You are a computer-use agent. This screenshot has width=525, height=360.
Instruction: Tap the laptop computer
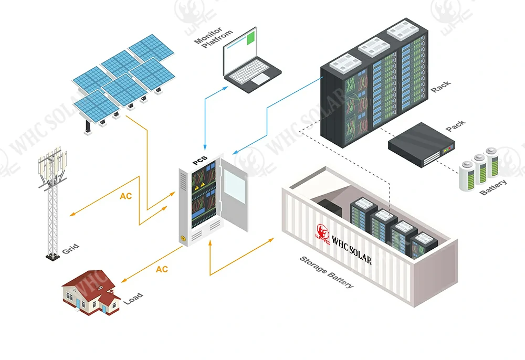pos(251,60)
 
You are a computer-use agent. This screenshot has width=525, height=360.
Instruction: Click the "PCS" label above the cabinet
pos(200,158)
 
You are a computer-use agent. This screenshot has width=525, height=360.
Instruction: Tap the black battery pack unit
pos(421,144)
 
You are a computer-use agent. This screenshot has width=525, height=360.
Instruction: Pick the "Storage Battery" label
pos(327,272)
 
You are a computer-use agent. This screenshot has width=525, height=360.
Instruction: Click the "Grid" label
pos(70,249)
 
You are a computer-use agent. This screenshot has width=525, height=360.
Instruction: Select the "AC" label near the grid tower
pos(126,196)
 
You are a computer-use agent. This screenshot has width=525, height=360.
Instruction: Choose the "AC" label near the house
pos(162,269)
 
